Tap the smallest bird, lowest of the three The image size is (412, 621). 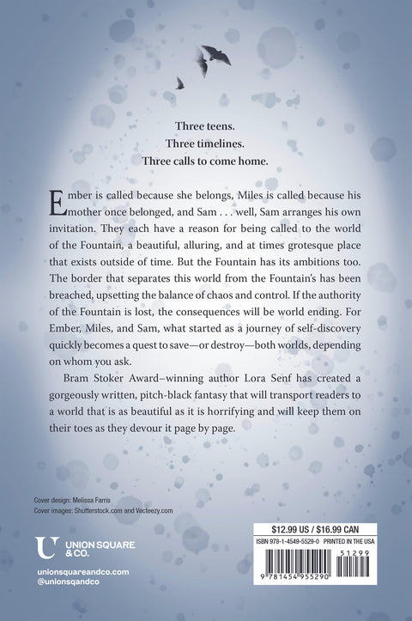179,82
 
